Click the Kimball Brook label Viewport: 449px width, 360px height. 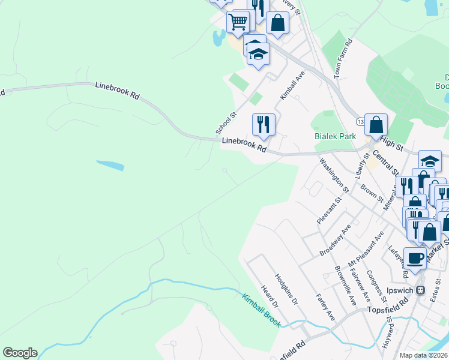pos(262,310)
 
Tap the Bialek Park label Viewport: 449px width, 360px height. pos(336,136)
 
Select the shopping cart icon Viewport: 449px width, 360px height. pos(238,23)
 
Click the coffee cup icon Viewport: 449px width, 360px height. pos(415,258)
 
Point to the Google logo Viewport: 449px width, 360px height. pos(20,353)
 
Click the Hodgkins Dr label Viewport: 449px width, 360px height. pos(286,290)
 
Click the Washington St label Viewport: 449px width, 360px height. pos(334,173)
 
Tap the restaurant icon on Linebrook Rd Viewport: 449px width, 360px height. pos(264,125)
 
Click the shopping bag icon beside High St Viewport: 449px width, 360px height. pos(376,125)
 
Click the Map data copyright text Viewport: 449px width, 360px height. pos(424,355)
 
